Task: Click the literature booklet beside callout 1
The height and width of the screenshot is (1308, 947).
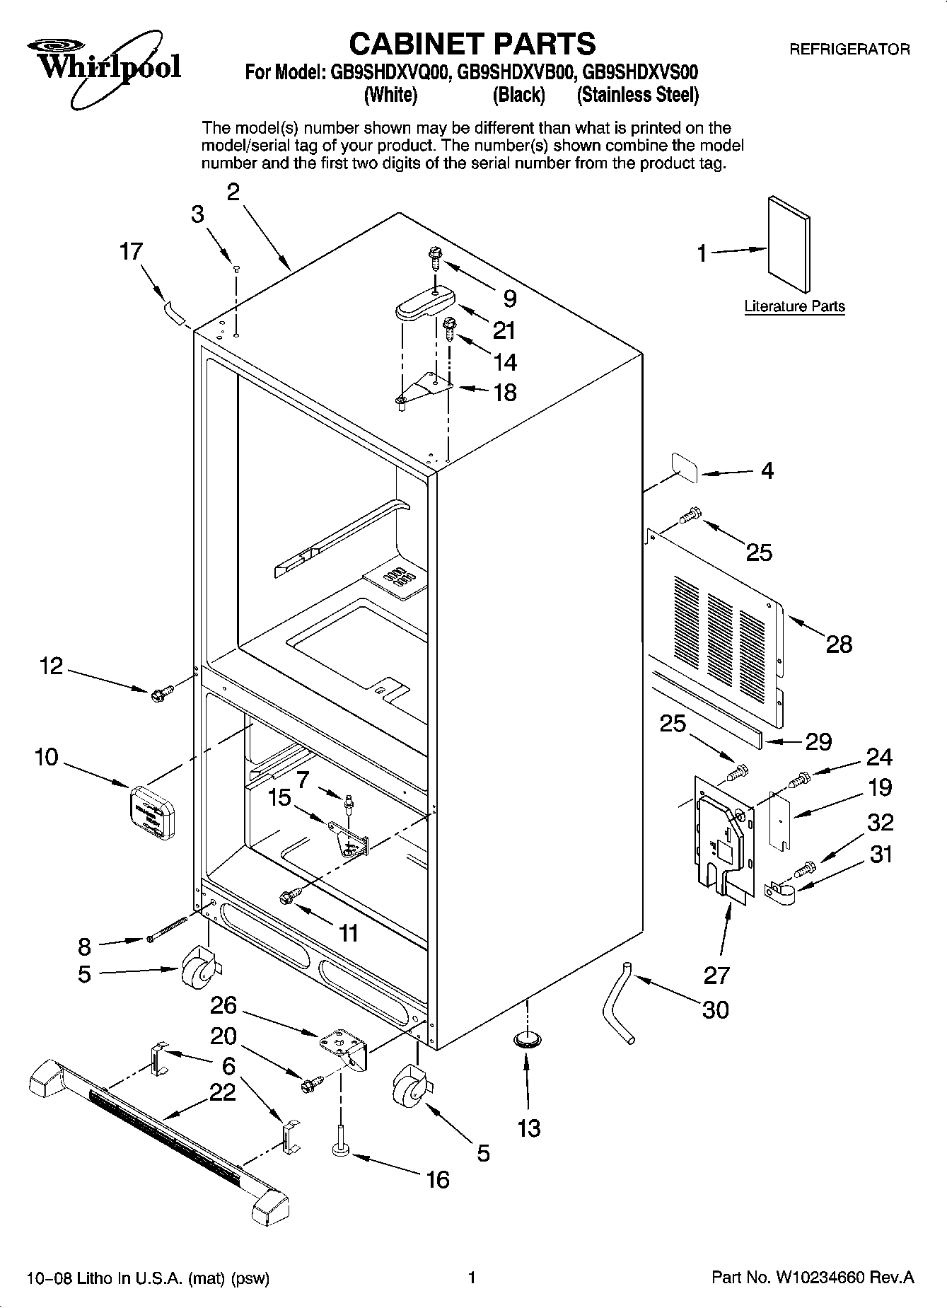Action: (x=789, y=243)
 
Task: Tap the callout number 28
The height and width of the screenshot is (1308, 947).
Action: (x=839, y=644)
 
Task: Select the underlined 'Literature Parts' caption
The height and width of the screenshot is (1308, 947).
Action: (x=794, y=306)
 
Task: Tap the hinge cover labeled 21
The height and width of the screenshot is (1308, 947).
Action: (x=422, y=304)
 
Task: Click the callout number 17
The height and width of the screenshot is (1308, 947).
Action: (x=131, y=252)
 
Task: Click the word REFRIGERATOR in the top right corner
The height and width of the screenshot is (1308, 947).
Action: (x=849, y=50)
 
